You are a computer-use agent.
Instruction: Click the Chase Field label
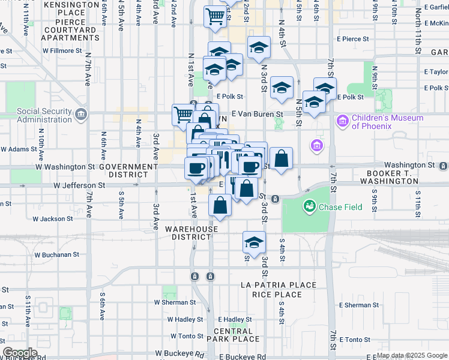pos(340,207)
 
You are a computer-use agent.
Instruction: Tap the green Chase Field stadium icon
pos(310,207)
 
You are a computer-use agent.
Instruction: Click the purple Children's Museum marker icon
pos(343,122)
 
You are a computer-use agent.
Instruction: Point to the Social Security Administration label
pos(44,115)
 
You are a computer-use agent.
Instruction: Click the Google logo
pos(20,353)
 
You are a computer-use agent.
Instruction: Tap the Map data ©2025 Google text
pos(412,356)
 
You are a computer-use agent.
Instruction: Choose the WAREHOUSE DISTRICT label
pos(192,233)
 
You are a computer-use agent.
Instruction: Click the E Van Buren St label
pos(257,113)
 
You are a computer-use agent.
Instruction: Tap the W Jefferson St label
pos(79,186)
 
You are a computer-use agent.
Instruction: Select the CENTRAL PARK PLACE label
pos(234,335)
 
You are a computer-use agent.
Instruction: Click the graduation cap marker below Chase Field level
pos(254,242)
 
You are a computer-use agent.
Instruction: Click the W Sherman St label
pos(175,302)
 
